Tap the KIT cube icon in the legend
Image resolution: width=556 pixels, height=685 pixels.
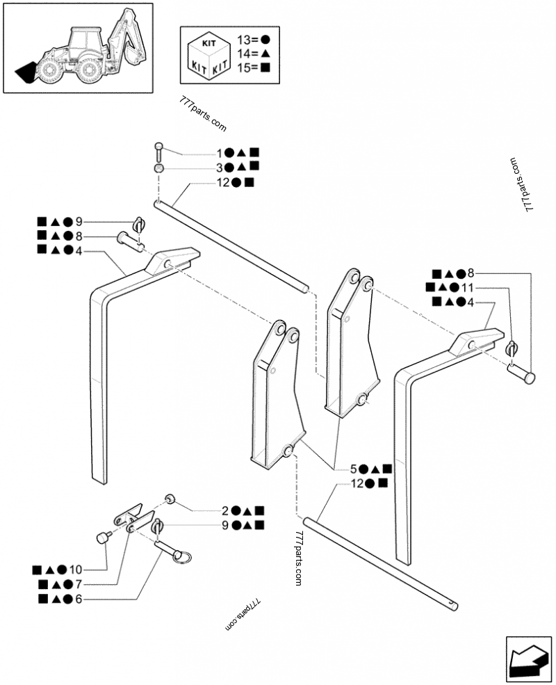pyautogui.click(x=208, y=54)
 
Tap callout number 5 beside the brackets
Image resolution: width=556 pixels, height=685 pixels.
pyautogui.click(x=354, y=468)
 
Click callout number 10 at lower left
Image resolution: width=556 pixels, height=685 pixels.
pyautogui.click(x=76, y=569)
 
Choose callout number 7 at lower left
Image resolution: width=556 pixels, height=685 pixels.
pyautogui.click(x=79, y=584)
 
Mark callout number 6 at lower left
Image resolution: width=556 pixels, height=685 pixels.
pyautogui.click(x=79, y=599)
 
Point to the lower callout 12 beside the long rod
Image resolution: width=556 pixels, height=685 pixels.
pyautogui.click(x=359, y=483)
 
